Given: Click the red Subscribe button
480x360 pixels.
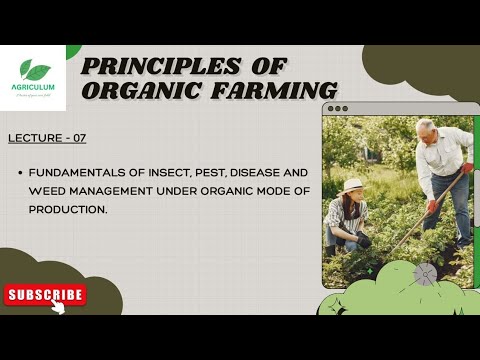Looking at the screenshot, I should click(45, 294).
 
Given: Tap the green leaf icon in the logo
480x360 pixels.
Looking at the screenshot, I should click(36, 71).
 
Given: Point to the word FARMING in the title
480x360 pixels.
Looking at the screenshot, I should click(267, 90).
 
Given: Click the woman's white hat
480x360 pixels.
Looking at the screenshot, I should click(352, 186).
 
